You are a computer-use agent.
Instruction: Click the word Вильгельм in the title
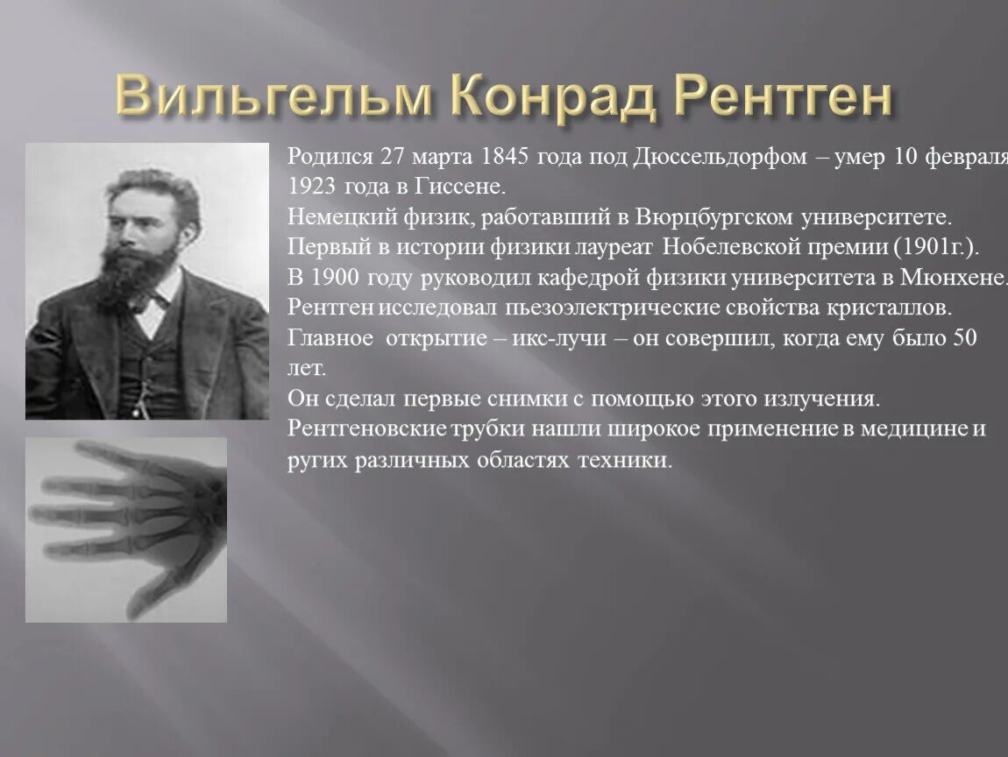tap(273, 96)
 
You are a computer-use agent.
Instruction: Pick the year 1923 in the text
tap(311, 187)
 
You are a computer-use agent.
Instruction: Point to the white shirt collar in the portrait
tap(158, 307)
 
